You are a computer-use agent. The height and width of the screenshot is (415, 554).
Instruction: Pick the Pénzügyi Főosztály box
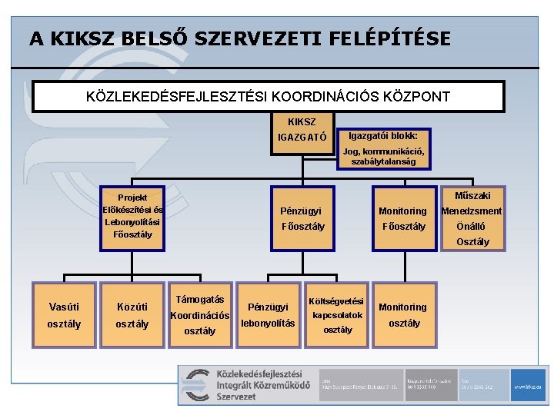(x=302, y=218)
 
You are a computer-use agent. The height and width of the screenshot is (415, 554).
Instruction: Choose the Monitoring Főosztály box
(x=402, y=218)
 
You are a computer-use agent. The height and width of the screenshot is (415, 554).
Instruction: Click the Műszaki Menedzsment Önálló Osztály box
(x=472, y=218)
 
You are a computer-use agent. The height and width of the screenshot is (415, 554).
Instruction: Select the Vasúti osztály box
(x=64, y=315)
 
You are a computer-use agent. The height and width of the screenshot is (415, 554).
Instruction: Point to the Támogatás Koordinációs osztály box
(x=200, y=315)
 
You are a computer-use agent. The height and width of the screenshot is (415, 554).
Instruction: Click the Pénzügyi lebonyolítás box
(x=268, y=315)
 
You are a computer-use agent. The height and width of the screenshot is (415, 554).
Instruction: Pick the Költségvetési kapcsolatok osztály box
(x=337, y=315)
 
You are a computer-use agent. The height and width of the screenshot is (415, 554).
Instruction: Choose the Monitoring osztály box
(x=404, y=315)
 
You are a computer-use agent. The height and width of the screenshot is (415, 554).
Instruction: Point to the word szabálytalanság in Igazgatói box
(x=383, y=161)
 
